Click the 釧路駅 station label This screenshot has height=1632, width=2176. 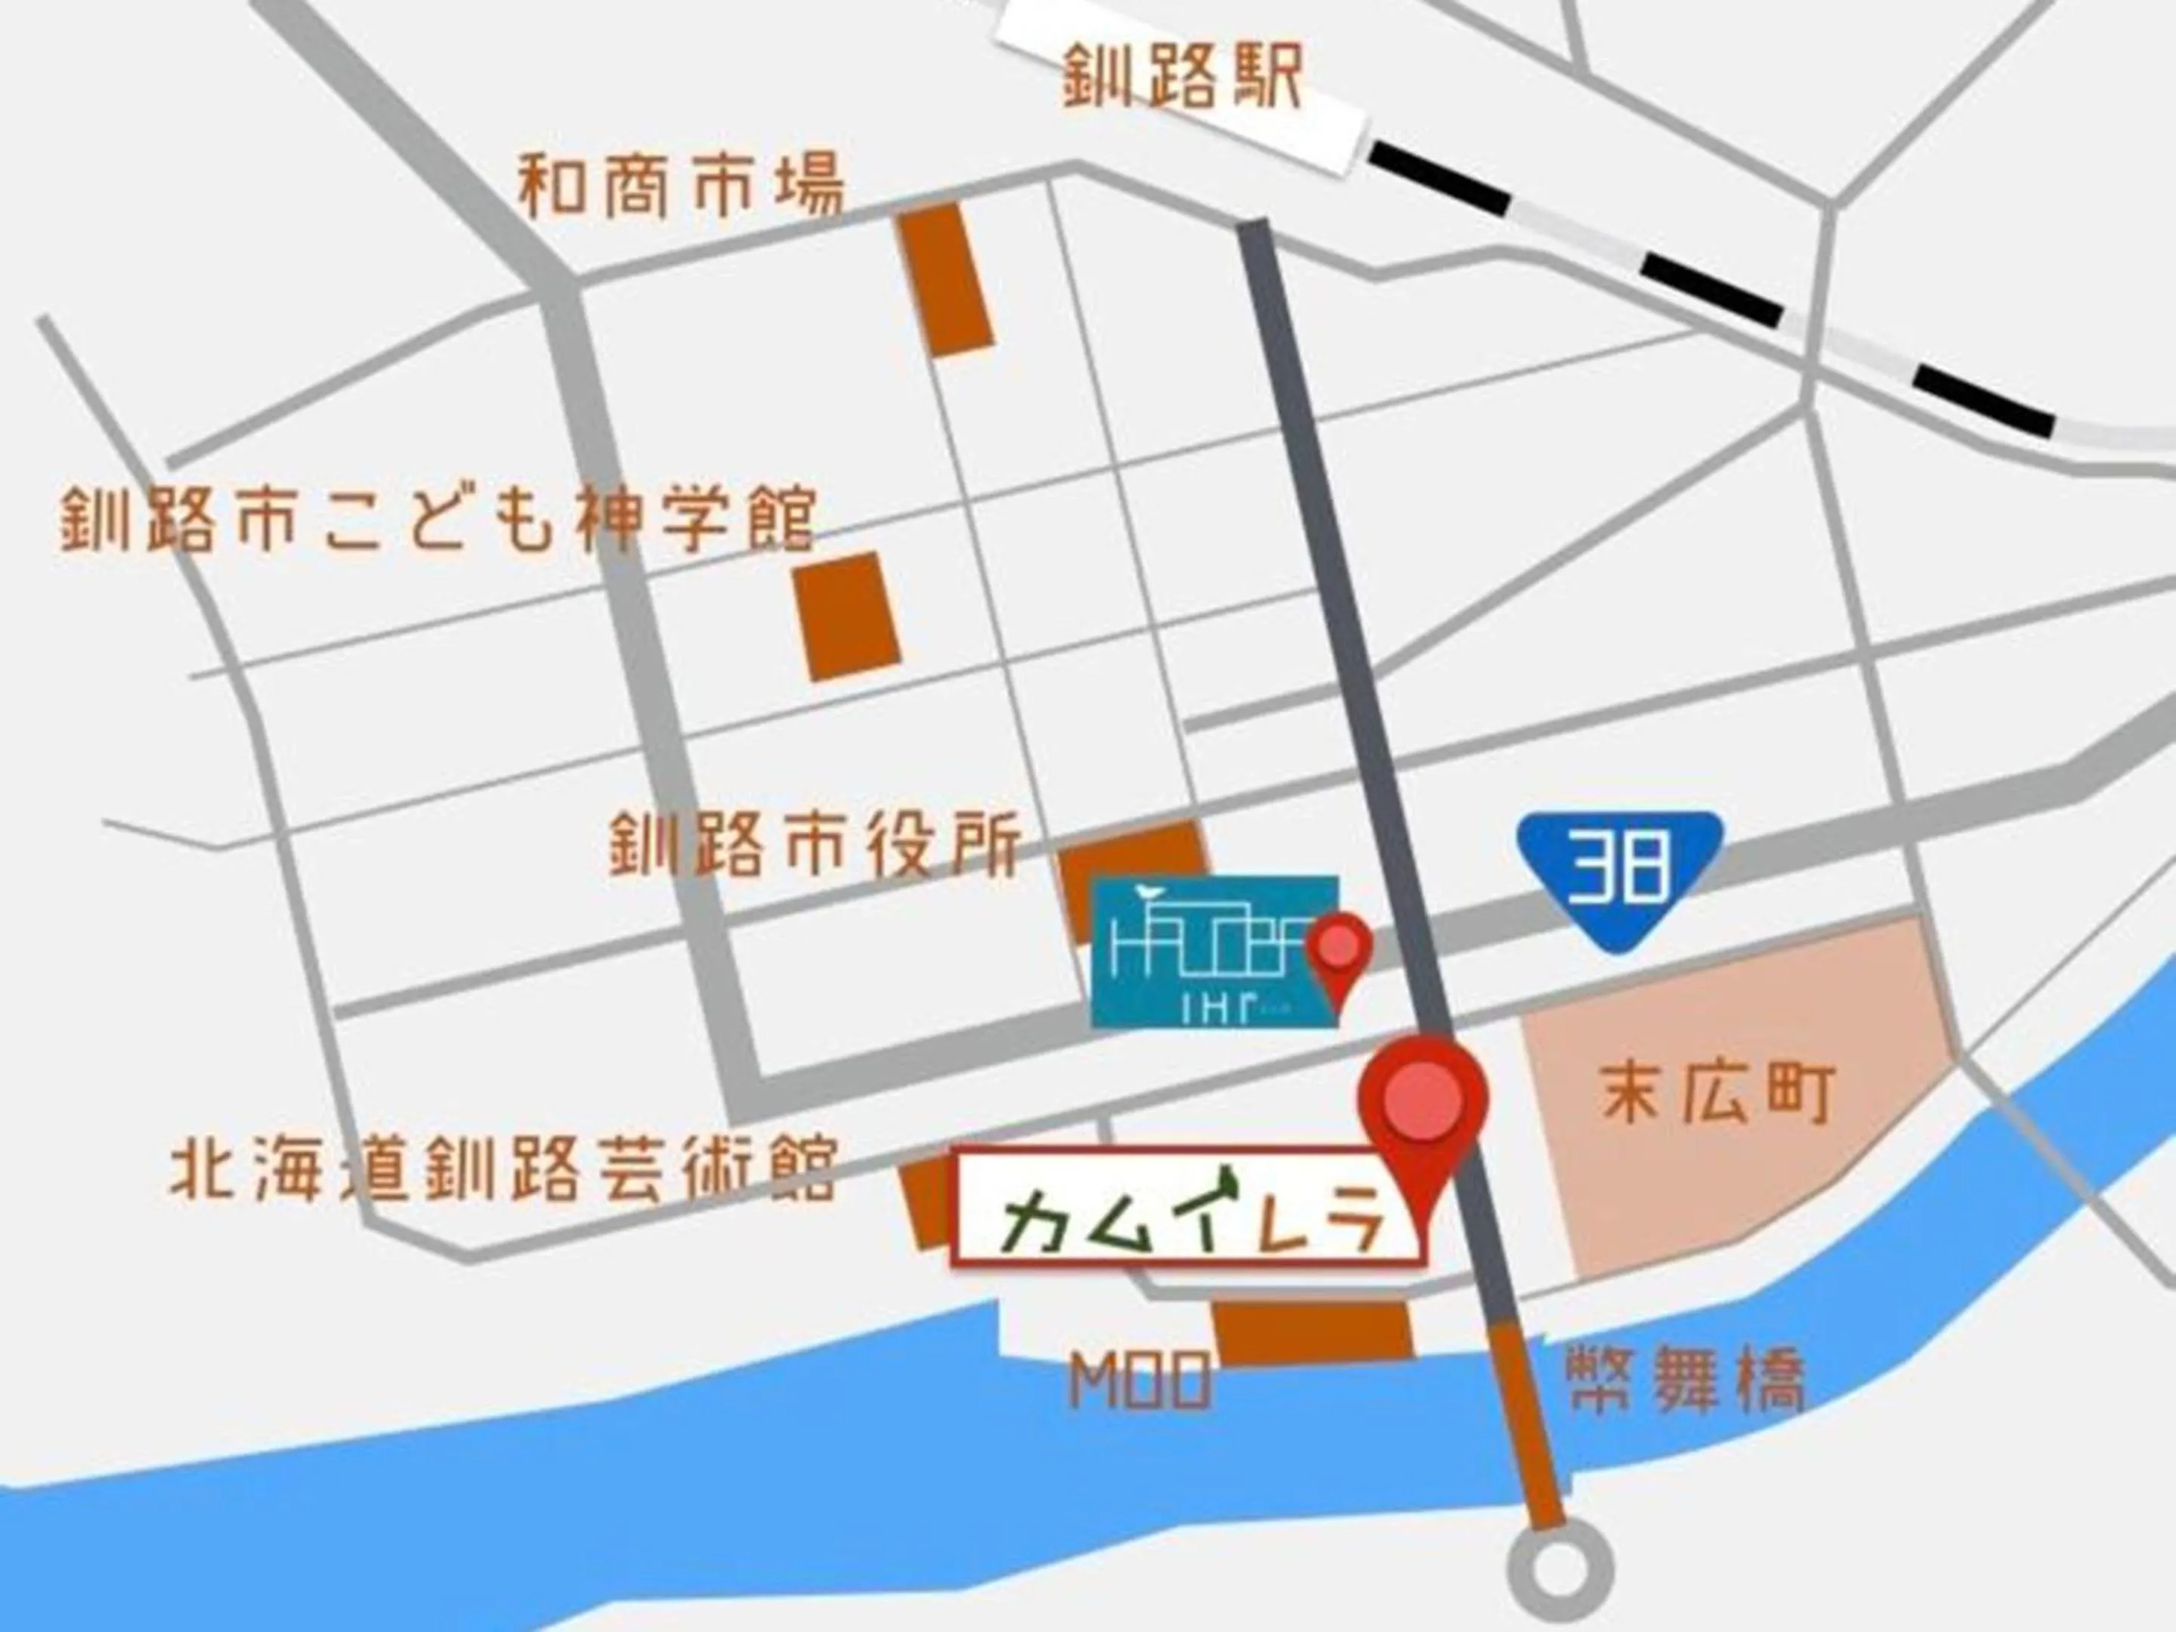pyautogui.click(x=1183, y=78)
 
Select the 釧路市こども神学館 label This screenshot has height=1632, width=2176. pyautogui.click(x=437, y=518)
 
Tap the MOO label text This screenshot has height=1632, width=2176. pyautogui.click(x=1140, y=1381)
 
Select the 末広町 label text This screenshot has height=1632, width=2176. pyautogui.click(x=1717, y=1092)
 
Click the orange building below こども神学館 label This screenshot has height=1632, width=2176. pyautogui.click(x=848, y=616)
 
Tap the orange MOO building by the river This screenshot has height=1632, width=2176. pyautogui.click(x=1312, y=1334)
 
